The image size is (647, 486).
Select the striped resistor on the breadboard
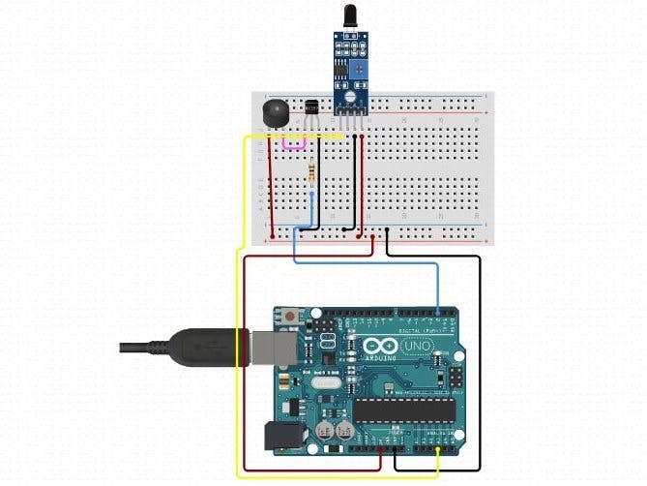tap(310, 174)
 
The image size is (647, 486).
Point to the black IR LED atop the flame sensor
tap(348, 18)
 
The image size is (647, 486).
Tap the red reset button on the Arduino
tap(292, 317)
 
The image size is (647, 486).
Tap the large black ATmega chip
tap(404, 410)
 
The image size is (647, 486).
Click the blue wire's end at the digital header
tap(440, 312)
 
